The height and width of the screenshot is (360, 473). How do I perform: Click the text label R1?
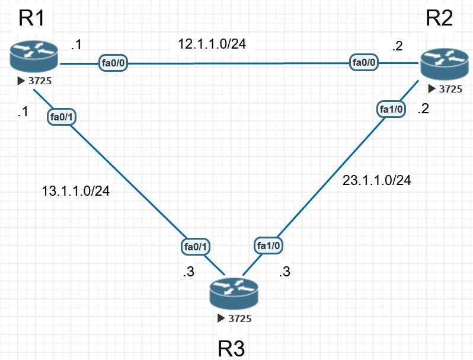point(32,18)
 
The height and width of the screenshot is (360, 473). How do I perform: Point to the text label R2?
point(439,18)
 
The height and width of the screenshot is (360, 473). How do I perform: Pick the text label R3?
point(232,348)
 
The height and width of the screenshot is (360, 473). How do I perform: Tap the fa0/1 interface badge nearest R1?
point(62,117)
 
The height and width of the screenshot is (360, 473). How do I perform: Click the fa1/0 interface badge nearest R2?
point(391,109)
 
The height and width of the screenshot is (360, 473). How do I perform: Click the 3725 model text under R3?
point(239,318)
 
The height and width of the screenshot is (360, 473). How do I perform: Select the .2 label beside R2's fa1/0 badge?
point(423,109)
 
